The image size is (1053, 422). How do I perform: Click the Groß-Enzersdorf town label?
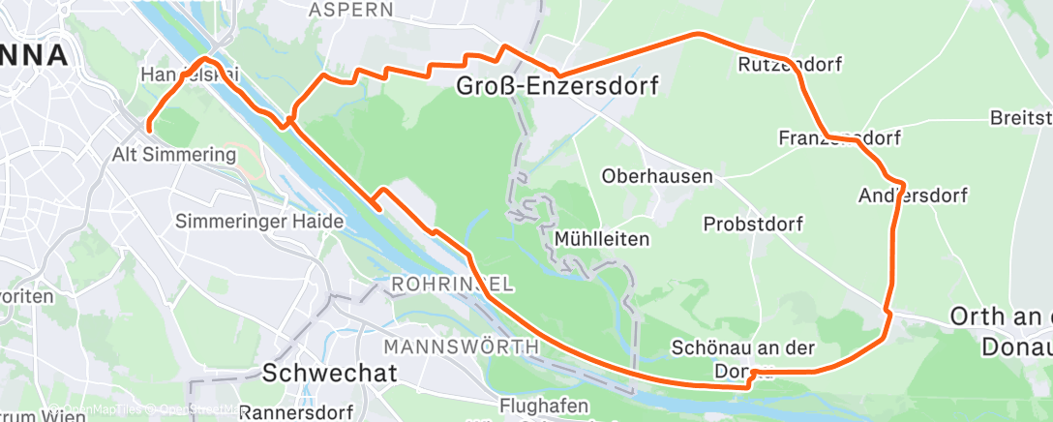pos(557,88)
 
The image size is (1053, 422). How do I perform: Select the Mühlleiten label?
pos(601,237)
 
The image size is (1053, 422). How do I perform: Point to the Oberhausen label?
pos(657,177)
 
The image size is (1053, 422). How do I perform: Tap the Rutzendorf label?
pos(790,65)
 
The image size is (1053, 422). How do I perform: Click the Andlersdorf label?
pos(913,196)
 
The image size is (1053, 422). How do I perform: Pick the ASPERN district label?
pos(350,10)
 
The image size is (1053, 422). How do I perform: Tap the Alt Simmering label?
pos(175,154)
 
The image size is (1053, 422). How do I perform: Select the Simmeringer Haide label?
pos(259,222)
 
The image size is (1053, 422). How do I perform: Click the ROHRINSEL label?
pos(453,285)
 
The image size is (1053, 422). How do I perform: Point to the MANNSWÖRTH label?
pos(461,347)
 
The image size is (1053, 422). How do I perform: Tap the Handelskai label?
pos(190,75)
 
